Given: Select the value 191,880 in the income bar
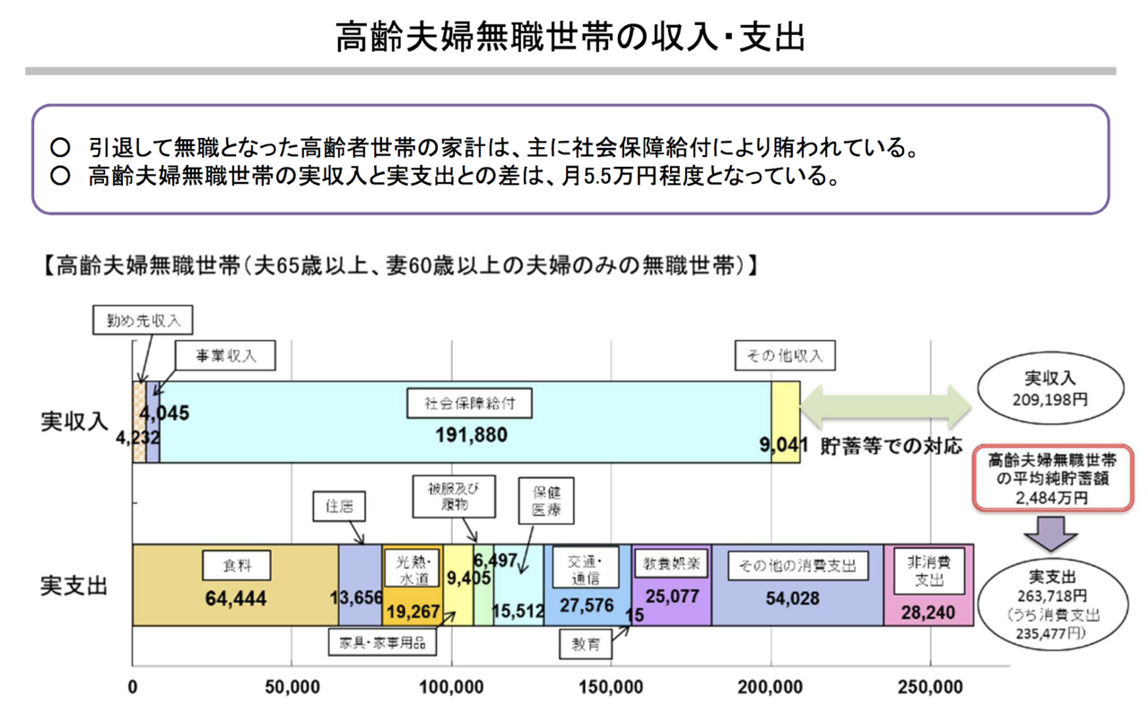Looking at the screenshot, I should click(x=472, y=436).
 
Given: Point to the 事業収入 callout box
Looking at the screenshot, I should click(x=226, y=356).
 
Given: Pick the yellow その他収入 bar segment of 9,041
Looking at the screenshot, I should click(x=786, y=422).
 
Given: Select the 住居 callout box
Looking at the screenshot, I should click(x=339, y=507).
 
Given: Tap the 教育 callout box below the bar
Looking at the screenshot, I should click(x=586, y=643).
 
